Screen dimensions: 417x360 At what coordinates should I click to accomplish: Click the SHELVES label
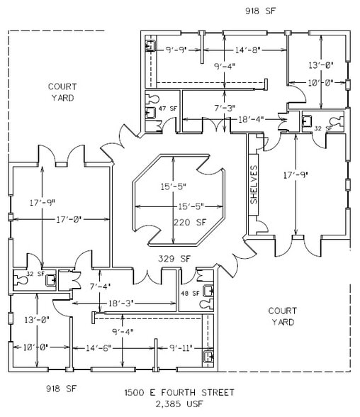(x=254, y=186)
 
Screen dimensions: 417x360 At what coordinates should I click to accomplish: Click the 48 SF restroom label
(x=190, y=293)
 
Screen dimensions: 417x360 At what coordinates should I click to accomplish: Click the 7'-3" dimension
(x=225, y=107)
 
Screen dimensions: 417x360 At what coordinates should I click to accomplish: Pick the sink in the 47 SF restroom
(x=150, y=99)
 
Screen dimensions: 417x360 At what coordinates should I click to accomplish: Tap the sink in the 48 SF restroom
(x=208, y=305)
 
